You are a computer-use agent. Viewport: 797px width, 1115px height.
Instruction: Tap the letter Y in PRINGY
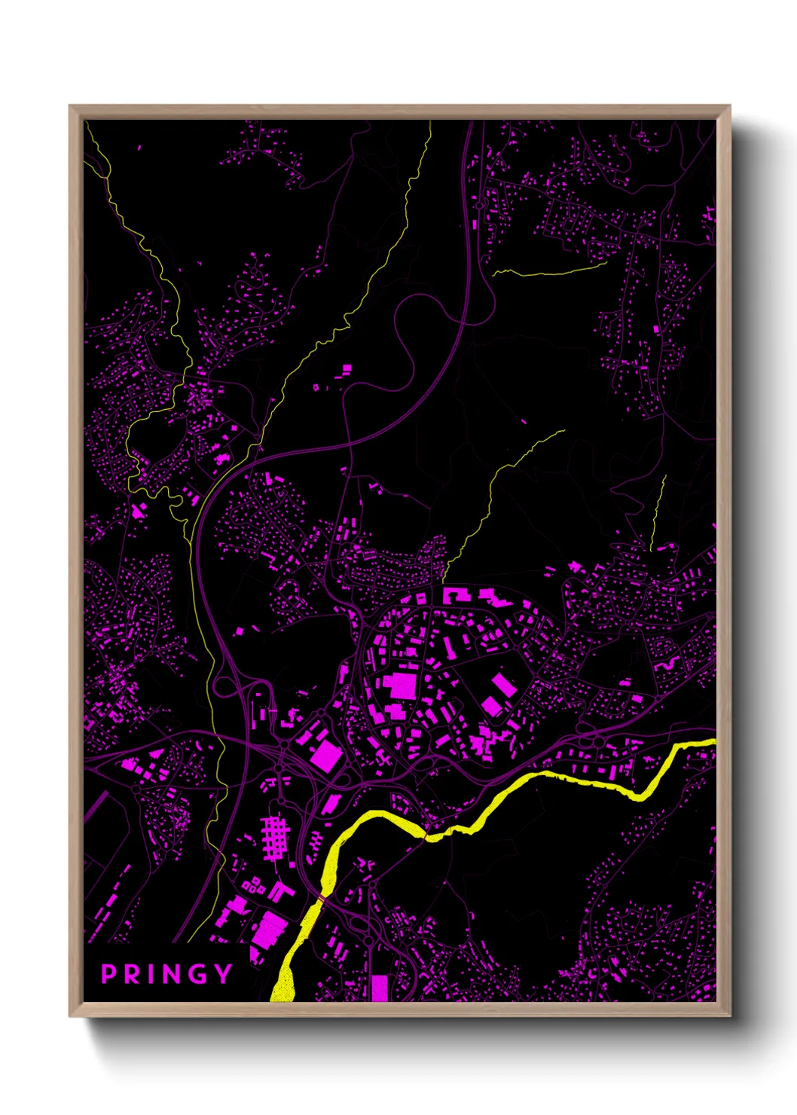click(x=223, y=974)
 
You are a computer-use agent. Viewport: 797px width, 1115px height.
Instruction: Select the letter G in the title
click(x=197, y=974)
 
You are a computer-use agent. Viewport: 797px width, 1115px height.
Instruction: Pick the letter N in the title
click(x=170, y=974)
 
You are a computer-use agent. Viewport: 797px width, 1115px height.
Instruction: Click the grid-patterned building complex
click(x=275, y=837)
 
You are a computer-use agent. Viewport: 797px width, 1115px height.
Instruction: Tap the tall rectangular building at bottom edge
click(x=380, y=988)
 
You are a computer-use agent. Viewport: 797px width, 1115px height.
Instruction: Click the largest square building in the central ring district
click(x=402, y=686)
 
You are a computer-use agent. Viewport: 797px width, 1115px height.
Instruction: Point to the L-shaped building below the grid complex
click(x=280, y=892)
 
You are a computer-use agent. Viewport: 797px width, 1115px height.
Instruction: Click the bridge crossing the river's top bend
click(x=426, y=835)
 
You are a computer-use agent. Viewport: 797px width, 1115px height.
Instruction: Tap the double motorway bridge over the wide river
click(x=321, y=900)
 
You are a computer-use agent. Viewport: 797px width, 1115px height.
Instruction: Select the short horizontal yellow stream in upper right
click(x=550, y=270)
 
